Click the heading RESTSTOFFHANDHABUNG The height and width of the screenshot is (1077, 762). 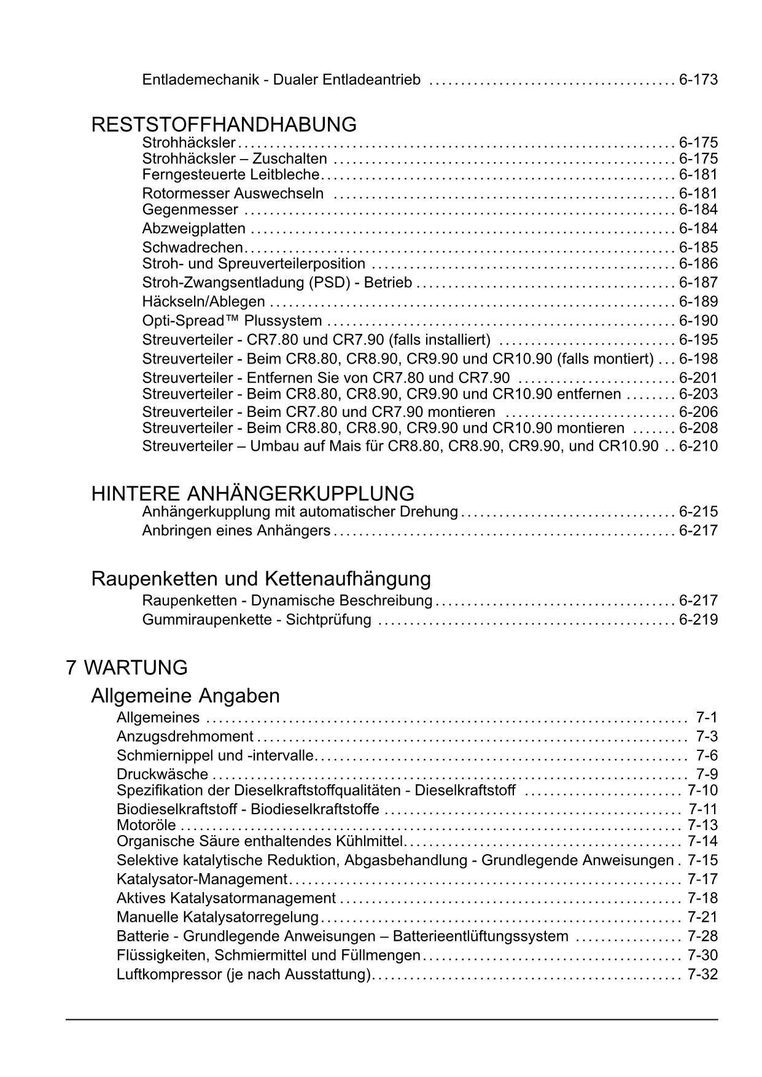click(224, 125)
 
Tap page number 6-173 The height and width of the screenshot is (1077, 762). click(698, 79)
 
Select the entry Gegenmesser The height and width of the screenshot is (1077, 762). click(190, 209)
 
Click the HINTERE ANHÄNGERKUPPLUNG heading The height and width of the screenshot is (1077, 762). click(252, 493)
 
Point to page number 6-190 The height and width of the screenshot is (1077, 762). click(698, 321)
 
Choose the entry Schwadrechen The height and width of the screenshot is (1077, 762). click(192, 247)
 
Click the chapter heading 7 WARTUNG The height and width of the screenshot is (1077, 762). click(126, 667)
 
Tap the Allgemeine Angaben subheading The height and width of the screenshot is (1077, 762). click(185, 696)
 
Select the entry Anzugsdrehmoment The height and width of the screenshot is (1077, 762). click(185, 736)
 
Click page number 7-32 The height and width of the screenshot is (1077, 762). click(702, 974)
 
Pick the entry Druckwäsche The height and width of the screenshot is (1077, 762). click(162, 774)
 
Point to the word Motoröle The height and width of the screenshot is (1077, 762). click(146, 825)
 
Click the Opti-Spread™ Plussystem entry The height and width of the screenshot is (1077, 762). click(232, 321)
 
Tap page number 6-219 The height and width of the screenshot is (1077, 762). click(698, 619)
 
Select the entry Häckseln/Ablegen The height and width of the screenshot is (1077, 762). click(203, 301)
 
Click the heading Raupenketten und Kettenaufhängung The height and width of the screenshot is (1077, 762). click(261, 578)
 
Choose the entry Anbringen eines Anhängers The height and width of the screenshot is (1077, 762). click(236, 531)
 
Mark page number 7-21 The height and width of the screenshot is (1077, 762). click(702, 917)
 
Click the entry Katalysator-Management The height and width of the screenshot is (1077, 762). click(201, 879)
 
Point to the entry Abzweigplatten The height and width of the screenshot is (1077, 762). click(193, 228)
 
